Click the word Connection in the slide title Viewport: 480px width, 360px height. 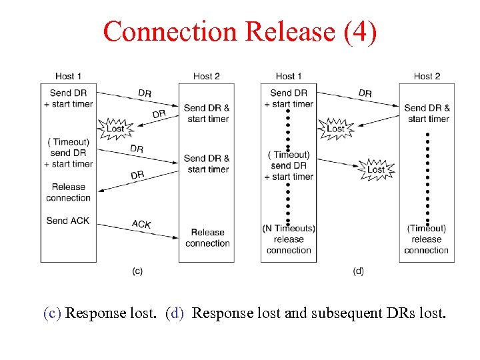click(170, 31)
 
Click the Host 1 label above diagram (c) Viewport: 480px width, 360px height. click(69, 76)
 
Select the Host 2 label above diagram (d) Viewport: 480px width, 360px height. click(427, 76)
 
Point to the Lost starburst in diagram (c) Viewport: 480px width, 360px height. click(115, 128)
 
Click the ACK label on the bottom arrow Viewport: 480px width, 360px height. click(141, 224)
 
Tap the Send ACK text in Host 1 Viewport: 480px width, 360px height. click(67, 221)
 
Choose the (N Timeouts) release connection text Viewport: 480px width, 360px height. click(289, 239)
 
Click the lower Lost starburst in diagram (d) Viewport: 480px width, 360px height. click(376, 169)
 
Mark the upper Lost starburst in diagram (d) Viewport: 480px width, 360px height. click(335, 128)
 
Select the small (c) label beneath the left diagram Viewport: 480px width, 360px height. click(137, 271)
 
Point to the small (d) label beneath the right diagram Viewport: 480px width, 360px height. click(358, 271)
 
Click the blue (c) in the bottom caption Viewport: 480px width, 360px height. click(53, 313)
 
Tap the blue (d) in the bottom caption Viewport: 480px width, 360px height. click(177, 313)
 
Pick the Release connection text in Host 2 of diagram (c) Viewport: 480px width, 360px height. click(207, 238)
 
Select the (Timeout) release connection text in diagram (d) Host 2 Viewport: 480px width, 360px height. click(427, 239)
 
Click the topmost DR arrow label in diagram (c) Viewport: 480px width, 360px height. click(145, 93)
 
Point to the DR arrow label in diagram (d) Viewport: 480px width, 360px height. click(365, 93)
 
